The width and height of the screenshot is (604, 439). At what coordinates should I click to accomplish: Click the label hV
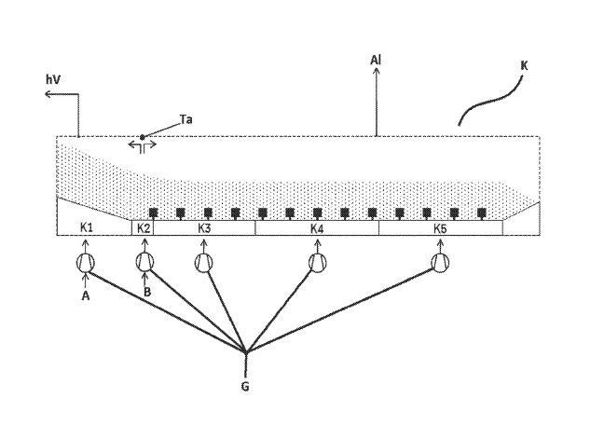53,81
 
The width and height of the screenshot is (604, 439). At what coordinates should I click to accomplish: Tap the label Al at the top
376,61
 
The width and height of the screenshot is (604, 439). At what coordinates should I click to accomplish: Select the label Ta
185,120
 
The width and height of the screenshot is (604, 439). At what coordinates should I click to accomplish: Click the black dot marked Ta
143,137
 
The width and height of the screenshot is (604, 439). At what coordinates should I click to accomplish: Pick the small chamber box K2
144,227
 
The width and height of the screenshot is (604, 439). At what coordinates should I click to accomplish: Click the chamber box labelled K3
204,227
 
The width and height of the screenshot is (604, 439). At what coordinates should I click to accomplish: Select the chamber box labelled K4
317,227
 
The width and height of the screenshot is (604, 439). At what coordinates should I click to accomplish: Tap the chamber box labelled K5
441,227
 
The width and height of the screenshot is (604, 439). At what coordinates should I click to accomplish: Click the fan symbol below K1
86,263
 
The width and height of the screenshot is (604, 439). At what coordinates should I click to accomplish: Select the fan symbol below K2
144,263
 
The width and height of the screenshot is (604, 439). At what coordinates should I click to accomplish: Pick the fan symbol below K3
204,263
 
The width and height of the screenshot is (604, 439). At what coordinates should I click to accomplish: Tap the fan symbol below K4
318,263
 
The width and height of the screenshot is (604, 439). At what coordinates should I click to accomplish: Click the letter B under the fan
146,291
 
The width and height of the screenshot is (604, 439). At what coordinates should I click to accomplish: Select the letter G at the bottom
245,384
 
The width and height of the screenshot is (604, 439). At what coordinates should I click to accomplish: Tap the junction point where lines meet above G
245,352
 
